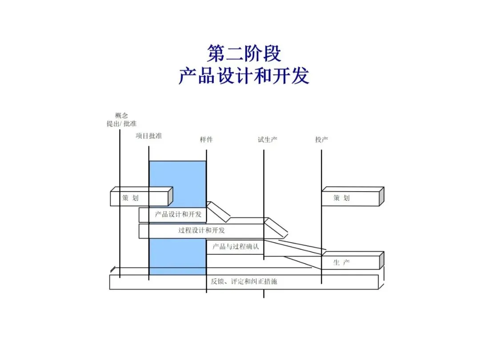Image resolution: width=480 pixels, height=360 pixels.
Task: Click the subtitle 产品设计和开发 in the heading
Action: click(x=244, y=76)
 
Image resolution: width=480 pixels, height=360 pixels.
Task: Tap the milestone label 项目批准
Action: click(x=149, y=136)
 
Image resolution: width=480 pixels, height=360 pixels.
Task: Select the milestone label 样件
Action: click(x=206, y=140)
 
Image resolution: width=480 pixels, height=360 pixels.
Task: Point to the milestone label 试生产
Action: click(x=268, y=140)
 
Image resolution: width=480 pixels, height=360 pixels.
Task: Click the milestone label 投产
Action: click(x=321, y=140)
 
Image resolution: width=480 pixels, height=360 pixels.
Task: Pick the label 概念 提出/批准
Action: click(x=121, y=120)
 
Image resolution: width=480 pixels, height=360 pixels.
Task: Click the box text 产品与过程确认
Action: click(x=235, y=247)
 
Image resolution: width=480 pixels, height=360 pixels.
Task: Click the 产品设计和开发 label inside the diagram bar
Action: click(x=178, y=215)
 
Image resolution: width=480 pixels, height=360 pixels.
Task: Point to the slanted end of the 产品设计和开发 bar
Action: click(x=219, y=212)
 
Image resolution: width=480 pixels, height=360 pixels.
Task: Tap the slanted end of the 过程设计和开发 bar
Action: click(x=276, y=227)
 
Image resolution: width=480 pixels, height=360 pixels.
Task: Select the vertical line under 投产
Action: click(x=321, y=169)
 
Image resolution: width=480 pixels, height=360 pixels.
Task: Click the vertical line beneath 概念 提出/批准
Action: click(x=120, y=160)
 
